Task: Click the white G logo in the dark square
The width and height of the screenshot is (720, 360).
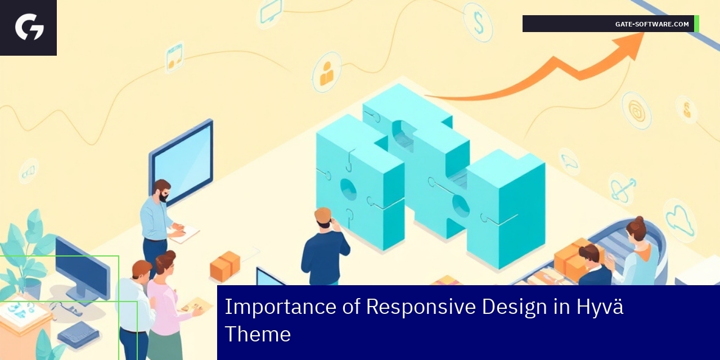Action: [29, 27]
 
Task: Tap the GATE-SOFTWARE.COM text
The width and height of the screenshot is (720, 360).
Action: [652, 24]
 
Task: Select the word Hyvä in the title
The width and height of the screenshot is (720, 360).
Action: [600, 307]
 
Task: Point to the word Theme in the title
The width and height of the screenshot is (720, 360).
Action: [258, 334]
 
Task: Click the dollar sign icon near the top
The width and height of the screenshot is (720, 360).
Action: [479, 22]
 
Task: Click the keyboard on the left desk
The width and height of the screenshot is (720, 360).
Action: [78, 334]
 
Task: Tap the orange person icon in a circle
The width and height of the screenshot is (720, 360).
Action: [326, 72]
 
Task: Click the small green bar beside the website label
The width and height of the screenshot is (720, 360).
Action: [696, 24]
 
